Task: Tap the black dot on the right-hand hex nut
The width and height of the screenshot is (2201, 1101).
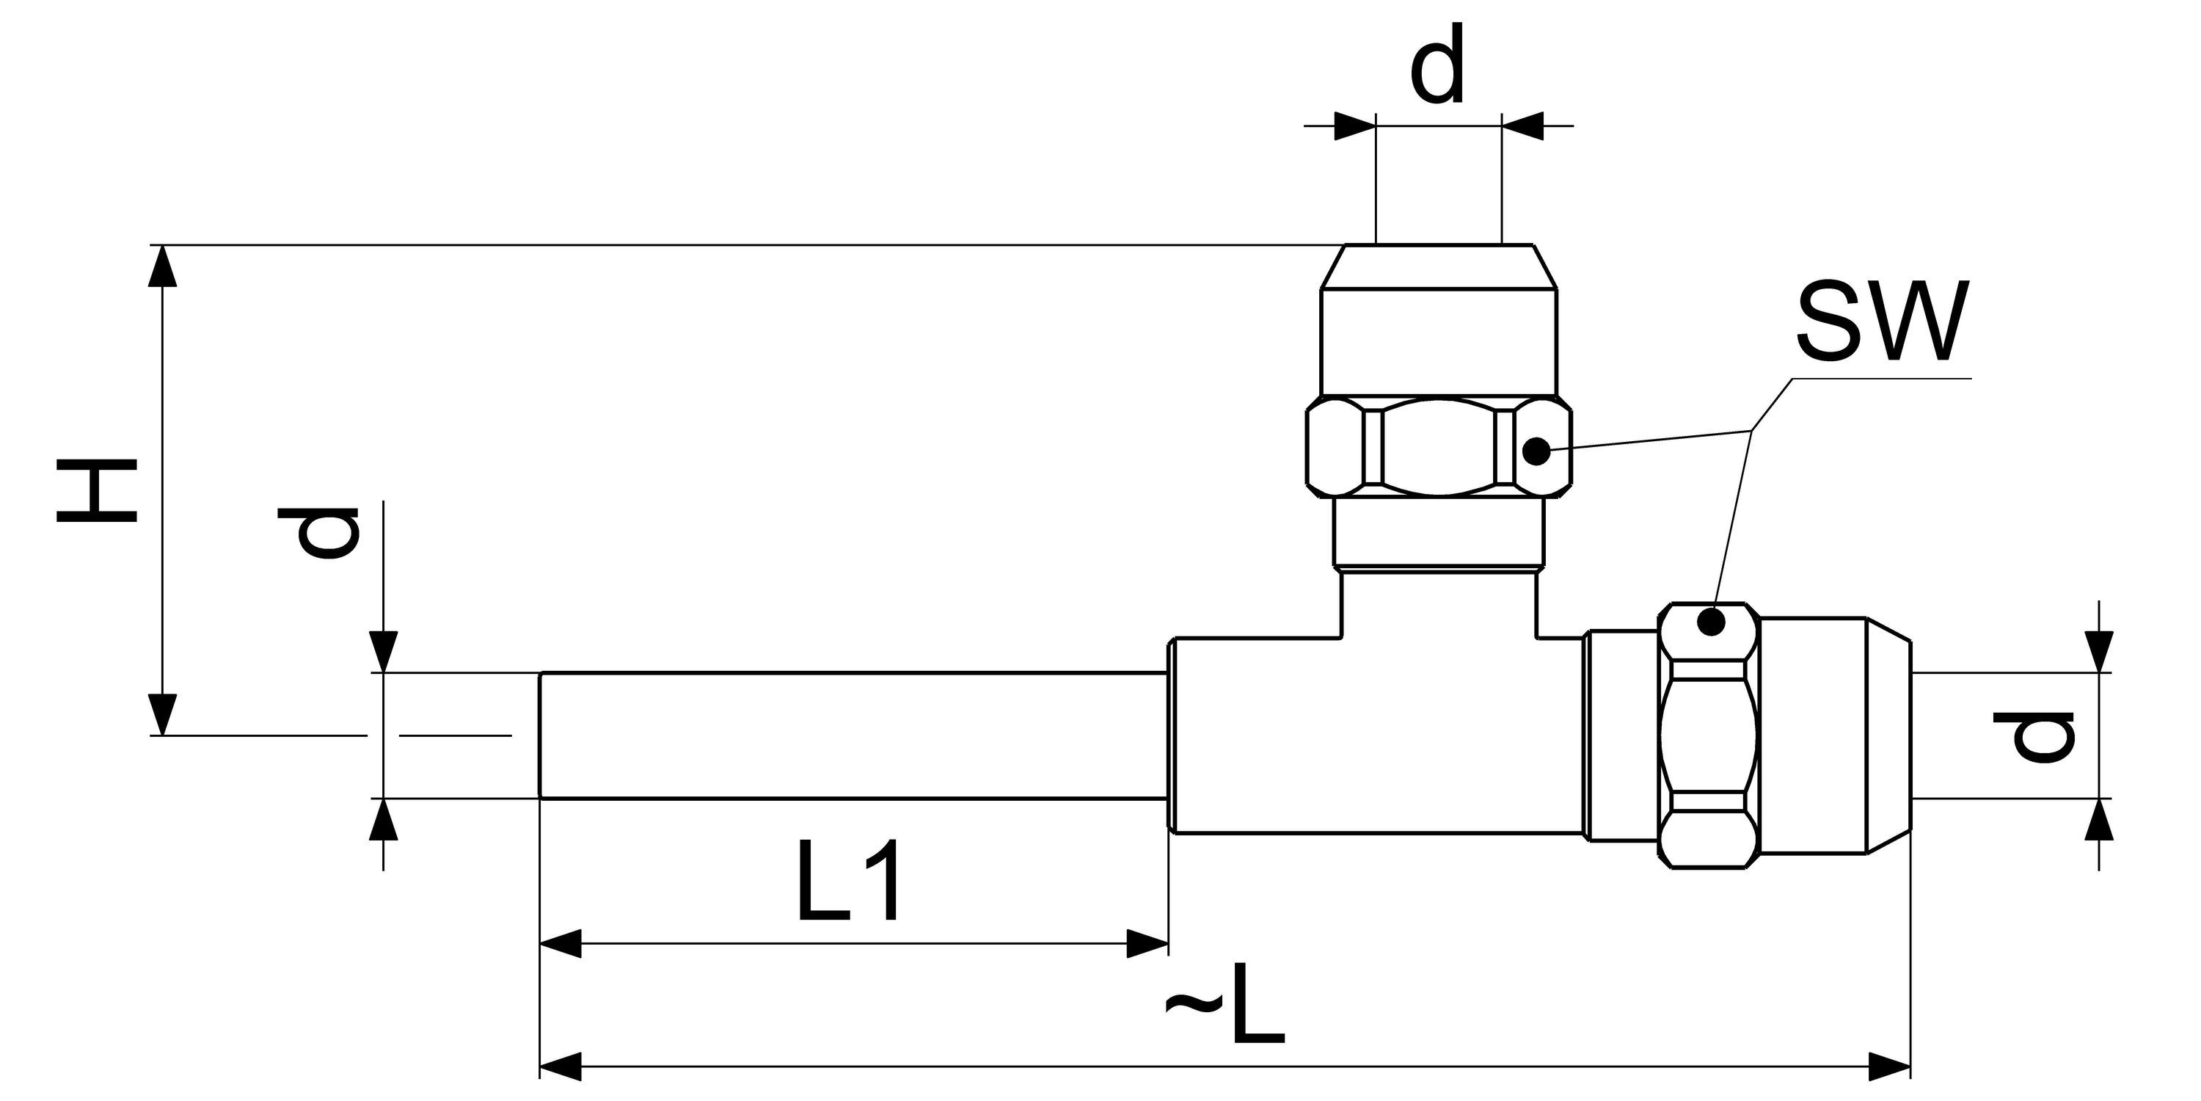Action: click(x=1711, y=622)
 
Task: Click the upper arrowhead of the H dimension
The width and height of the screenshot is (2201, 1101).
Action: click(x=163, y=265)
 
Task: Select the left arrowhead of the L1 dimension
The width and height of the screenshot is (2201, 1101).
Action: click(x=561, y=945)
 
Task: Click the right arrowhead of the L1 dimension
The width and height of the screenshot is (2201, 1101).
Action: click(x=1147, y=945)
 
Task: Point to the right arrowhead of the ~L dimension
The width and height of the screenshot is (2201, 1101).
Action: click(x=1889, y=1067)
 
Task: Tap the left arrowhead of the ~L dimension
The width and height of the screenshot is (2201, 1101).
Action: click(x=561, y=1067)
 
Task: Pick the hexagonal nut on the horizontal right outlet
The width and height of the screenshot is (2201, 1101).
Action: click(x=1709, y=737)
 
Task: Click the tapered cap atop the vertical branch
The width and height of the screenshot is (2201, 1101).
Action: click(x=1438, y=266)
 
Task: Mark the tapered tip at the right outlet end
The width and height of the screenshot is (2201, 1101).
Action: click(x=1888, y=736)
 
